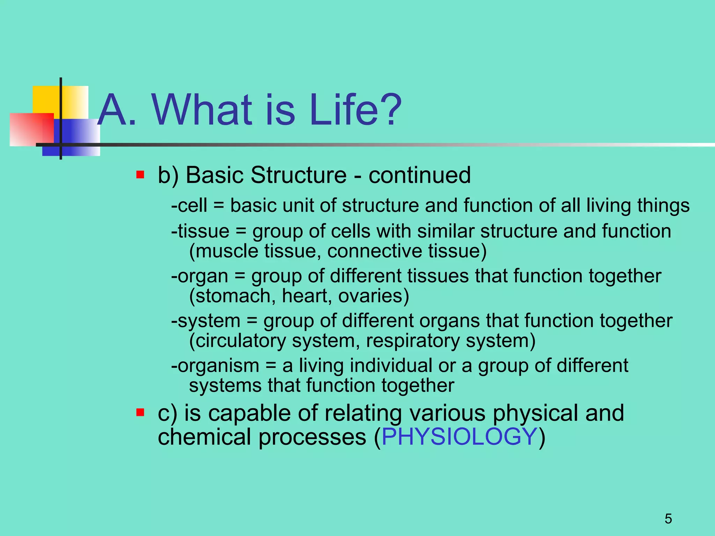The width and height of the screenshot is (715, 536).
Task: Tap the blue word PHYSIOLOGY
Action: tap(459, 437)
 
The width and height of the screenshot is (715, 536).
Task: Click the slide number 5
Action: tap(668, 519)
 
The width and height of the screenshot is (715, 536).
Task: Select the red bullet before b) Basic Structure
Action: tap(140, 174)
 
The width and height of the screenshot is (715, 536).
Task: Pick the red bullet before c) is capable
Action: tap(140, 413)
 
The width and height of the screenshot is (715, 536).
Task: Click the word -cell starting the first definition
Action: tap(189, 205)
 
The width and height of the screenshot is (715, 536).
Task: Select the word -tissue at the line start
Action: tap(200, 231)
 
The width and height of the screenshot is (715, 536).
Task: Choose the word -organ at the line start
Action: tap(199, 276)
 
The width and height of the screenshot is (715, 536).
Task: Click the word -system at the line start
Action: tap(206, 321)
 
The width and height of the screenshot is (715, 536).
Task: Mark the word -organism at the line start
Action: tap(215, 366)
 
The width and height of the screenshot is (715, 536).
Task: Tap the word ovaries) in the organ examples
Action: tap(374, 296)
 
